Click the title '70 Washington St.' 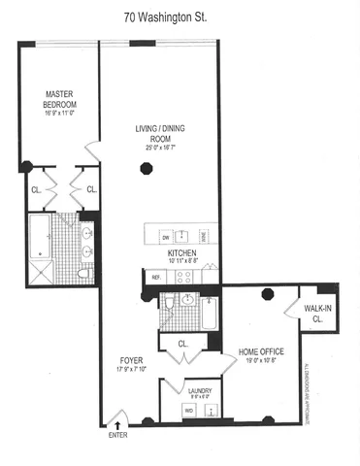(180, 17)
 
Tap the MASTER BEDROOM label (60, 98)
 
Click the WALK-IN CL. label (318, 313)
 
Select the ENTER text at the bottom (117, 436)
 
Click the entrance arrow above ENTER (117, 422)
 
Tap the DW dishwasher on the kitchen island (166, 236)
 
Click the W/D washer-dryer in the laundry (189, 410)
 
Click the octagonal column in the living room (146, 169)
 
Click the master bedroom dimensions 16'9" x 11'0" (60, 113)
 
